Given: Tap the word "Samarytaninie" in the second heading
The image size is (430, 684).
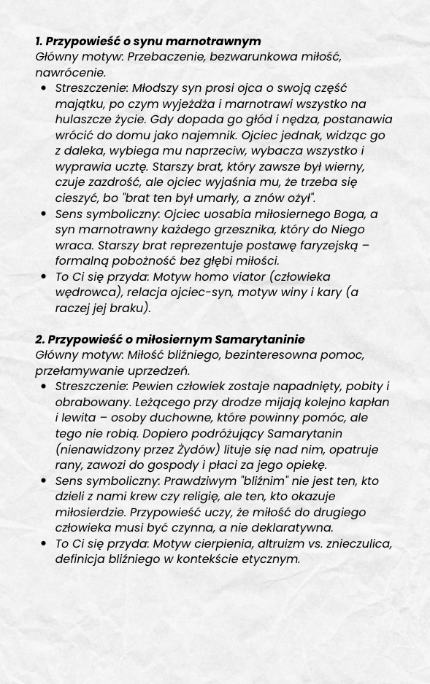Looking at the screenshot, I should (x=259, y=340).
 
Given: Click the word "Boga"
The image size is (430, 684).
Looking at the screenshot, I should (x=349, y=214).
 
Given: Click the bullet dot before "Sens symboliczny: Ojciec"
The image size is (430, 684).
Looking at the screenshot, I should (x=44, y=214).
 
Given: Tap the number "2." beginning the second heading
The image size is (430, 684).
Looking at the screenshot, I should (x=40, y=340).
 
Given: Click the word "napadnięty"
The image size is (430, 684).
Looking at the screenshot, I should (x=304, y=386).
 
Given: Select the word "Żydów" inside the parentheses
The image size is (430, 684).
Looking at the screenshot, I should (x=196, y=449).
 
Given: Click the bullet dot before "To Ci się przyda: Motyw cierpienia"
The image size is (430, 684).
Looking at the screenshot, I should (x=44, y=544).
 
